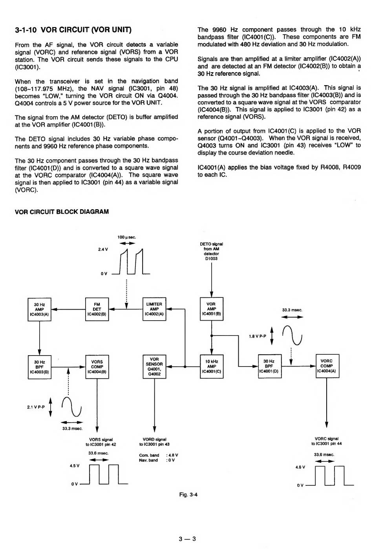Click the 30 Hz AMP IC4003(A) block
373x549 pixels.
(x=39, y=309)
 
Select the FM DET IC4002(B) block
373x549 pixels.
(x=97, y=309)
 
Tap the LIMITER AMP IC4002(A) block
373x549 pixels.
(x=154, y=309)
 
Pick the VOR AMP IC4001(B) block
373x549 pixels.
(x=211, y=309)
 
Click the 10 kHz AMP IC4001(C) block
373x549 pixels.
(x=211, y=367)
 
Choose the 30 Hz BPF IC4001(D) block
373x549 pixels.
(x=269, y=366)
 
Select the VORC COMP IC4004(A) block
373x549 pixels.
(x=327, y=366)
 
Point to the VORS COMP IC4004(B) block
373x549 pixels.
(x=97, y=367)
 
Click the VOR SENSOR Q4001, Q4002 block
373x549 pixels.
(x=154, y=367)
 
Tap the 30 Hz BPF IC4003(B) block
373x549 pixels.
(x=39, y=367)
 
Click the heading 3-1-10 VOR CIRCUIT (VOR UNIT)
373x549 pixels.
(x=73, y=30)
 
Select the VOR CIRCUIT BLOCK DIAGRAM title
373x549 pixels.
(x=62, y=212)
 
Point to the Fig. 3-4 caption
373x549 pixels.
(x=188, y=494)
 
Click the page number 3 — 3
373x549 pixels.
(x=187, y=539)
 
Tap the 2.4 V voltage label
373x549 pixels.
(x=103, y=250)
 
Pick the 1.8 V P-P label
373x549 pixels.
(x=257, y=336)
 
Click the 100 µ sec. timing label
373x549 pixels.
(x=126, y=237)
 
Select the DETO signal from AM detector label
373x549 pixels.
(x=211, y=251)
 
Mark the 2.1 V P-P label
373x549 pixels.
(x=36, y=407)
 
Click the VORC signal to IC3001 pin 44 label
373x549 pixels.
(x=326, y=441)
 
